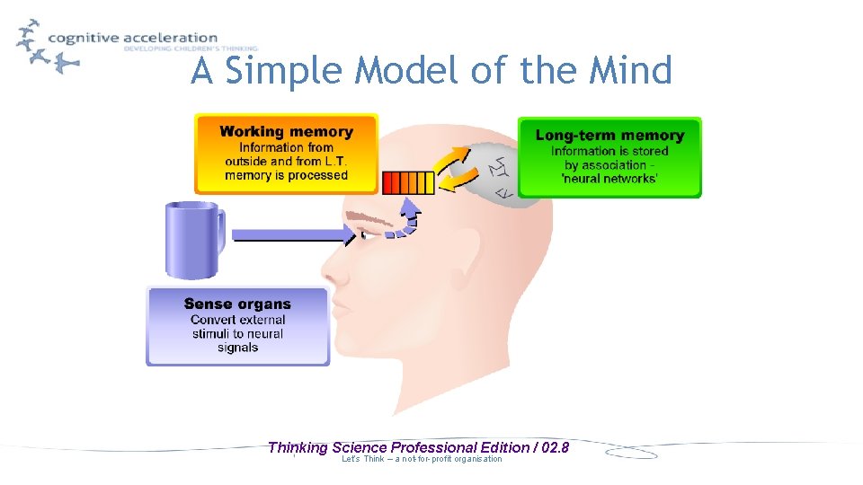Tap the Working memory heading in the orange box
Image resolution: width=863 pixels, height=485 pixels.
click(x=286, y=132)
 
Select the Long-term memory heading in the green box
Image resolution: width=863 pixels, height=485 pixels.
click(x=609, y=136)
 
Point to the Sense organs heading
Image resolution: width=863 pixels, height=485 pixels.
click(x=237, y=304)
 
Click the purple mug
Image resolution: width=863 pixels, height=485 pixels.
click(x=191, y=238)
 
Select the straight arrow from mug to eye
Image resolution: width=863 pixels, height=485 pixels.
click(x=292, y=235)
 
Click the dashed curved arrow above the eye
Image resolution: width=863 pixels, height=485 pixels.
click(x=405, y=219)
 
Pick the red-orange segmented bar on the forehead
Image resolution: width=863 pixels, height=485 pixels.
click(x=408, y=182)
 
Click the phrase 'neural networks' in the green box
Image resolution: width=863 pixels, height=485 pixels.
click(x=609, y=179)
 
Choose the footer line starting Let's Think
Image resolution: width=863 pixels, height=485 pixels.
click(x=422, y=460)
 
